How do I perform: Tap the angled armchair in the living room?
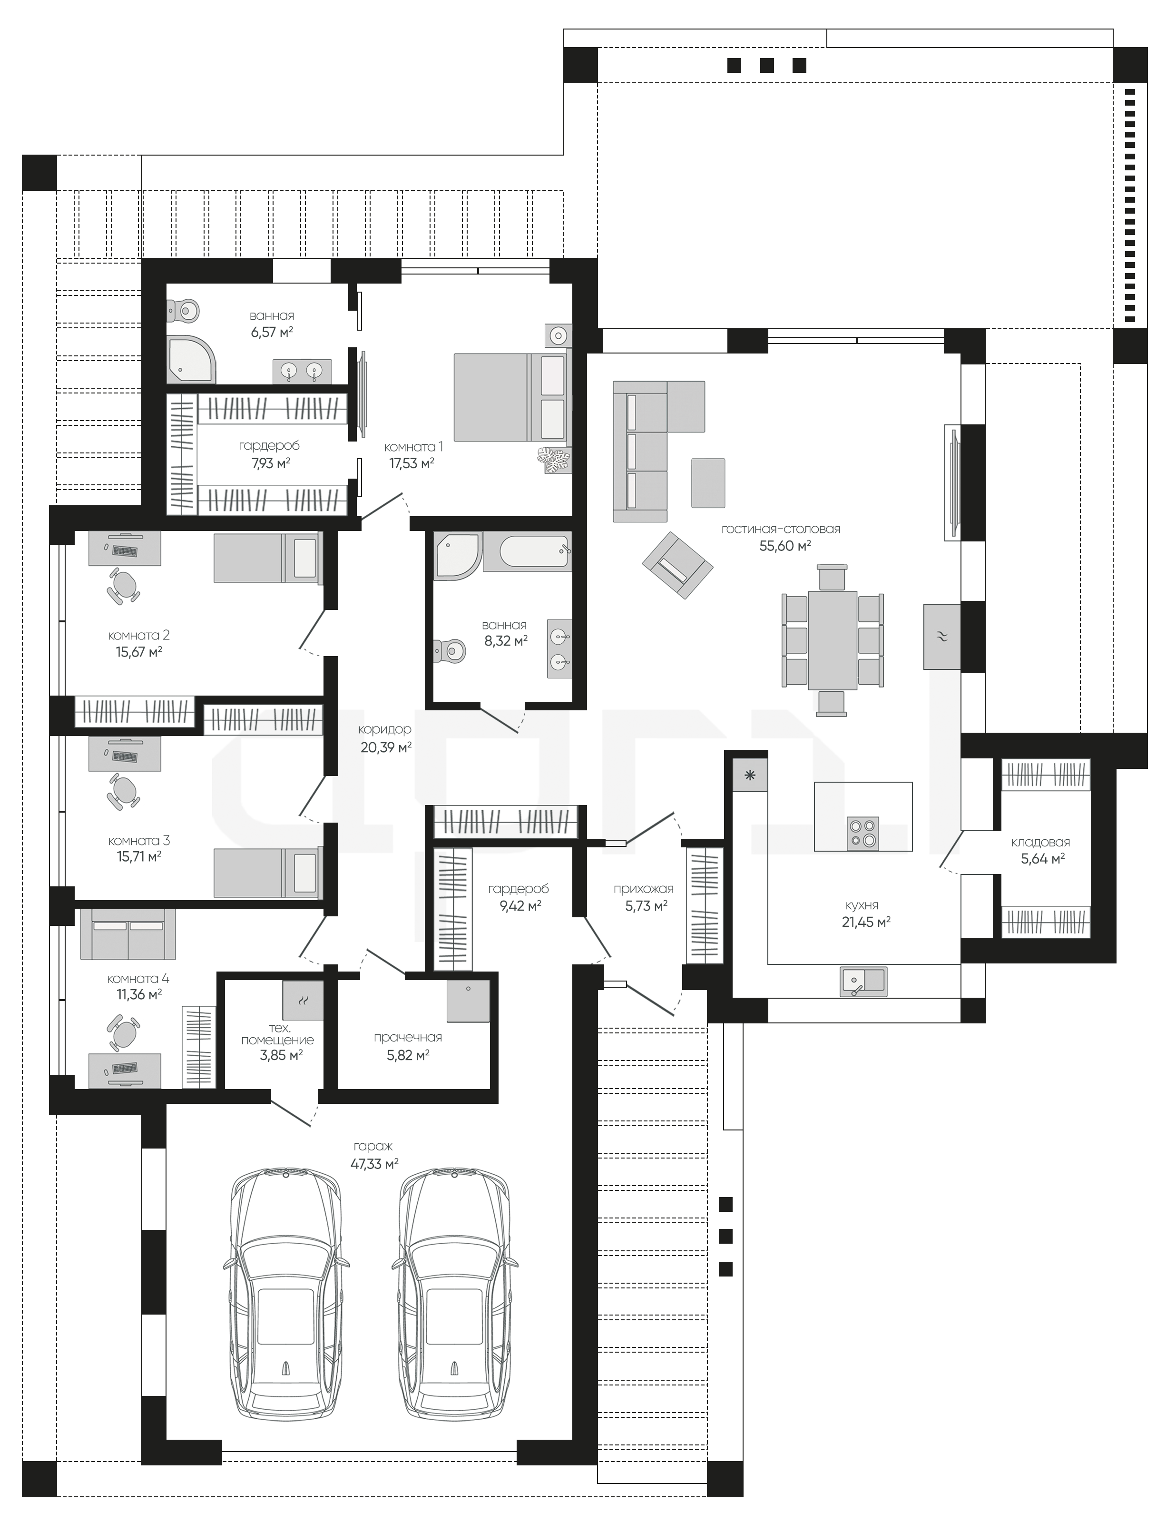pyautogui.click(x=677, y=566)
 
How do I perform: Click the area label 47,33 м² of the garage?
pyautogui.click(x=374, y=1163)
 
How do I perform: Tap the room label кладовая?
pyautogui.click(x=1040, y=842)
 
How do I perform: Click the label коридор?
pyautogui.click(x=386, y=729)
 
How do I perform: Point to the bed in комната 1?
pyautogui.click(x=512, y=397)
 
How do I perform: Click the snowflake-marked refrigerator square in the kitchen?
pyautogui.click(x=750, y=776)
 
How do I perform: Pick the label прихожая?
pyautogui.click(x=643, y=889)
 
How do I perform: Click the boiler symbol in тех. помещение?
pyautogui.click(x=303, y=1000)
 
